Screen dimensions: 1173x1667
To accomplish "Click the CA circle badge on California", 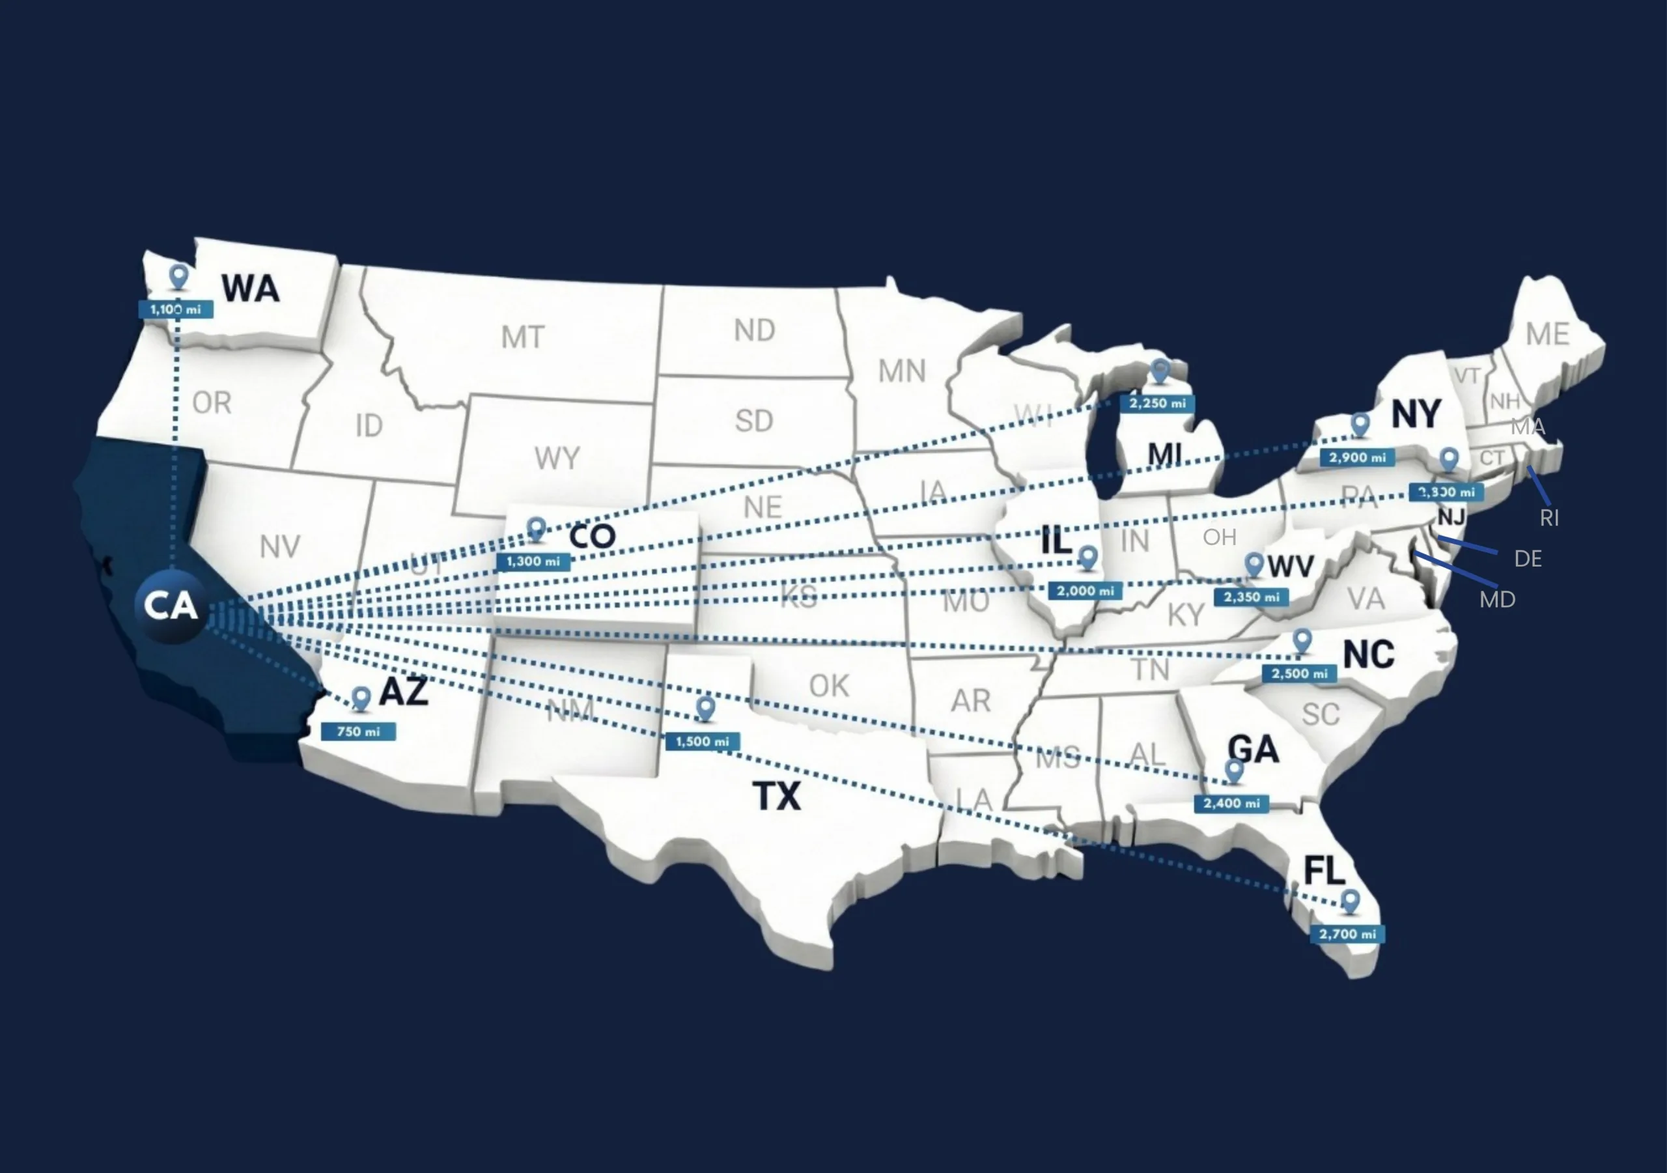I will coord(171,606).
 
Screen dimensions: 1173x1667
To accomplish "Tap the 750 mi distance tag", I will coord(358,731).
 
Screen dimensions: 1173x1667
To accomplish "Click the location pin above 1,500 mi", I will coord(705,708).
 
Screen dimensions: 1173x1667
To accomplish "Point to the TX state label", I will coord(777,796).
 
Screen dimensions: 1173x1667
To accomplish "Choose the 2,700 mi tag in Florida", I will coord(1347,934).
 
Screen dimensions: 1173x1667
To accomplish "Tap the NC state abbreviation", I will coord(1369,655).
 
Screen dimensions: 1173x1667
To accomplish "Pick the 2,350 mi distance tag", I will coord(1251,597).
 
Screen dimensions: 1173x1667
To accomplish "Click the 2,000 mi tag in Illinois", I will coord(1086,591).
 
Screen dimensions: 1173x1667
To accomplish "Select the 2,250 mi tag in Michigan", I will coord(1157,403).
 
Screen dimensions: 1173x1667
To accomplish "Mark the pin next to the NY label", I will coord(1360,424).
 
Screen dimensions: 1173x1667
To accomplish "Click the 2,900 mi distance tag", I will coord(1358,458).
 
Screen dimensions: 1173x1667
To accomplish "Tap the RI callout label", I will coord(1549,518).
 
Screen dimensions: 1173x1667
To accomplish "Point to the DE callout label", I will coord(1528,559).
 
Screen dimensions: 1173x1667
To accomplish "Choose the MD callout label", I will coord(1497,600).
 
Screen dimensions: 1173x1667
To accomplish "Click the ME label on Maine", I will coord(1547,334).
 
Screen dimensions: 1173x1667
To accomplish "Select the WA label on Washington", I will coord(251,289).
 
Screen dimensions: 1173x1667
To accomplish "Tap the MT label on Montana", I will coord(523,337).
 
